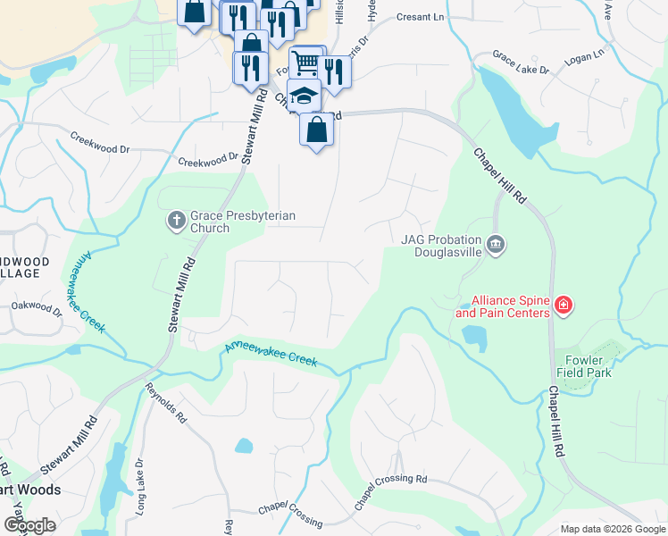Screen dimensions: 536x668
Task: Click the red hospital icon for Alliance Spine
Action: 563,306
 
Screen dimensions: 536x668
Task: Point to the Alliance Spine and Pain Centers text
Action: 503,307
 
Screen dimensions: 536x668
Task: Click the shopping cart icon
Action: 305,62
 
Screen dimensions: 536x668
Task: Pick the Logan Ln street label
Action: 584,58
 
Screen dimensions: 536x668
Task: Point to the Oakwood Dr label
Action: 37,308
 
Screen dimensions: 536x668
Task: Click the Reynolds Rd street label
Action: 168,405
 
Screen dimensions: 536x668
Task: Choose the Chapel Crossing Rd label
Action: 390,492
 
